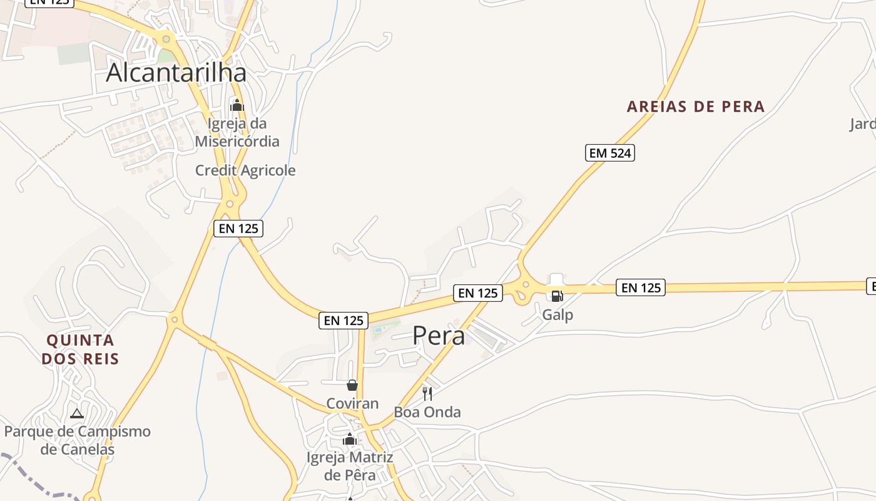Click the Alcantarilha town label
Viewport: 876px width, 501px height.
click(176, 73)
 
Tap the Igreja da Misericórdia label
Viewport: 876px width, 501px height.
click(237, 132)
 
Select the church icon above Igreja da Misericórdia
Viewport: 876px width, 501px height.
click(237, 105)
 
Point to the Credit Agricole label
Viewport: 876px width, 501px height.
click(245, 170)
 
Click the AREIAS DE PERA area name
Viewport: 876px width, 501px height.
click(696, 106)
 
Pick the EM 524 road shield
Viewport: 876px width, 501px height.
click(610, 153)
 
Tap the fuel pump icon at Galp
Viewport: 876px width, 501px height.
click(556, 296)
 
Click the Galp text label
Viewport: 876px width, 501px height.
click(558, 314)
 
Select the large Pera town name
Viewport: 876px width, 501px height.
click(439, 336)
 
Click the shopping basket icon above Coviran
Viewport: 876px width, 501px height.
click(352, 385)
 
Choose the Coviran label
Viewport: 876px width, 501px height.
click(352, 403)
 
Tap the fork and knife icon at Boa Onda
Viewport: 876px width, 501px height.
click(427, 394)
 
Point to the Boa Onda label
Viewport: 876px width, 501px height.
click(427, 412)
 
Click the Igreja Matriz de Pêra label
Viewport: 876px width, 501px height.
click(350, 467)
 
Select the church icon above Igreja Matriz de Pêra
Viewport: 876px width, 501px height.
click(350, 440)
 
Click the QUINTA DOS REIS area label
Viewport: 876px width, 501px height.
click(81, 349)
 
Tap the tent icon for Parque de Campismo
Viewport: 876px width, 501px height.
click(77, 413)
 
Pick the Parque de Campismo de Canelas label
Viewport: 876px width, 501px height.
click(78, 440)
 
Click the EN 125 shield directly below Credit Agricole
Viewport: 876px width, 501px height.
click(238, 229)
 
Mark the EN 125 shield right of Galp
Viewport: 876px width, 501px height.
click(641, 287)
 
